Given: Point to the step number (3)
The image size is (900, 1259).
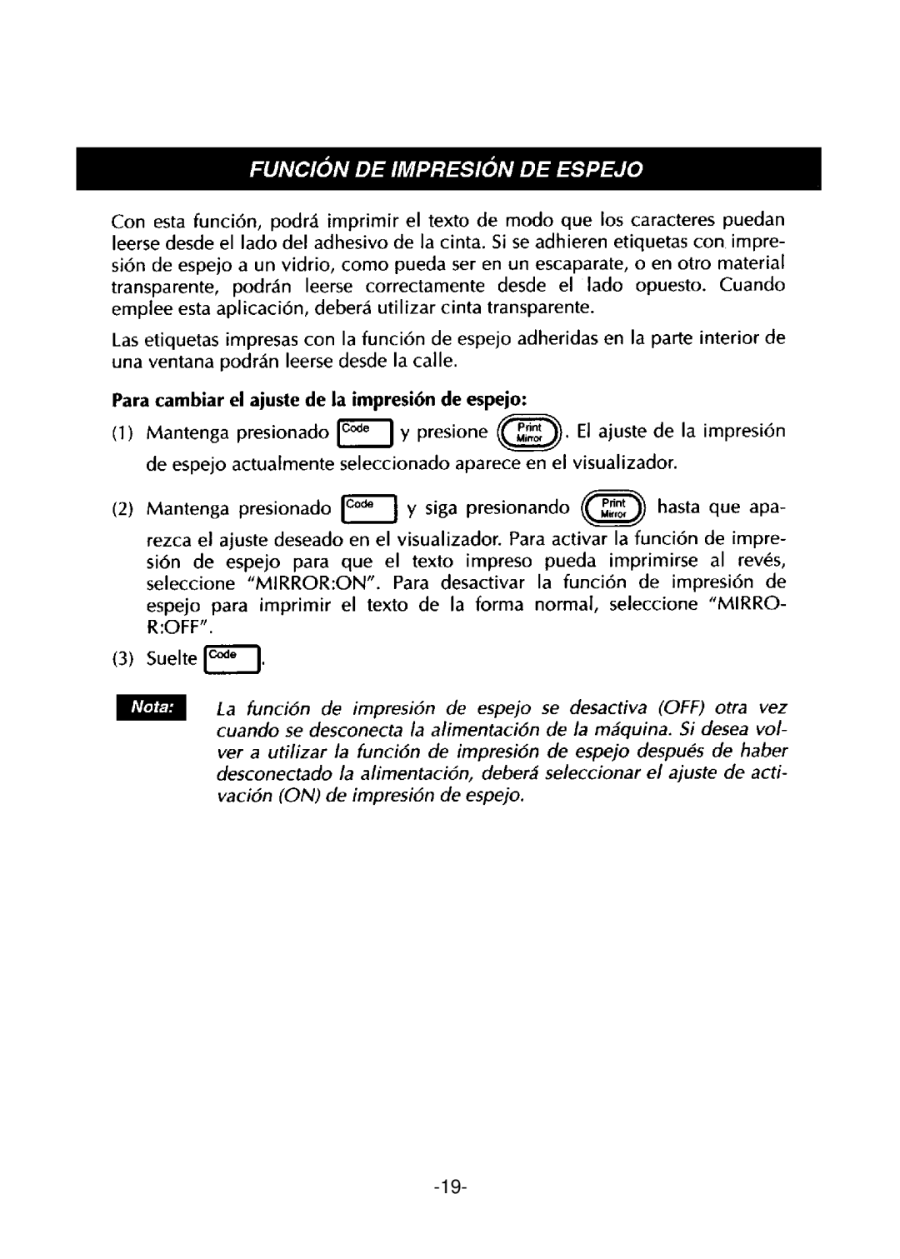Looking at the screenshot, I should [121, 660].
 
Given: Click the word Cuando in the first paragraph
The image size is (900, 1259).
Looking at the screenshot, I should [755, 285].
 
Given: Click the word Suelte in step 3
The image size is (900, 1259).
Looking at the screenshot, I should [172, 660].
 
